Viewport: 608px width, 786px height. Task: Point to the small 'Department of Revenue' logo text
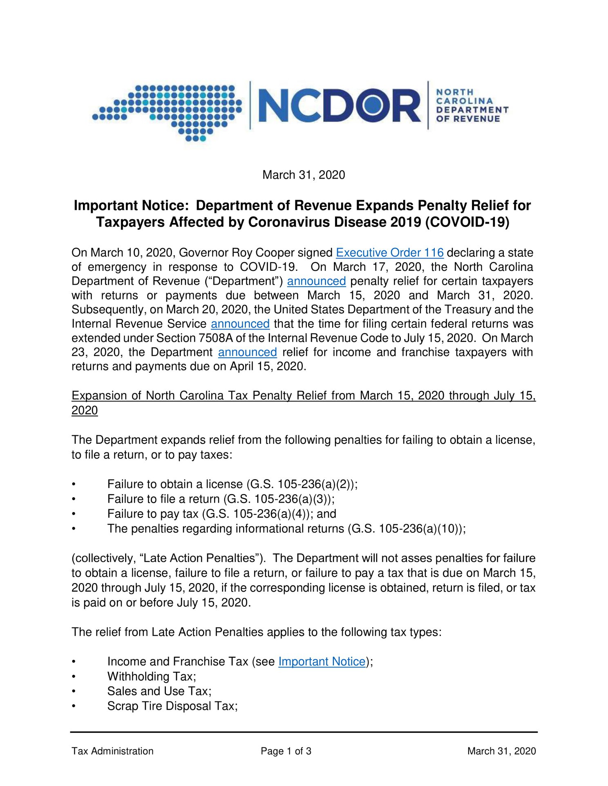tap(472, 106)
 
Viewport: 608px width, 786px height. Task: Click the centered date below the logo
tap(304, 175)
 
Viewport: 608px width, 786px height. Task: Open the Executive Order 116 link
tap(389, 253)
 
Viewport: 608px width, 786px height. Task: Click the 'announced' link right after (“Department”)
tap(316, 281)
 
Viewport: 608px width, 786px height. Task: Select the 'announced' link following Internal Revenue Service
tap(240, 324)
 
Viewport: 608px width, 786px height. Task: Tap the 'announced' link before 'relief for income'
tap(247, 352)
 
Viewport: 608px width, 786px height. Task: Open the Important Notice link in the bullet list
tap(322, 661)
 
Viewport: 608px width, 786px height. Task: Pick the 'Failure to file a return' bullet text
tap(163, 499)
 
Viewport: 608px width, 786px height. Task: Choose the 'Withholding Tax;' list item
tap(152, 677)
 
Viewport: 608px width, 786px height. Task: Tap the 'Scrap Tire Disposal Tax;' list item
tap(172, 706)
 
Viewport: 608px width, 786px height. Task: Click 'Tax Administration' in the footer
tap(112, 751)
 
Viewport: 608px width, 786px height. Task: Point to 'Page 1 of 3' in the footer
tap(286, 751)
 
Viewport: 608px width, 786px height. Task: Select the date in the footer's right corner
tap(501, 751)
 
